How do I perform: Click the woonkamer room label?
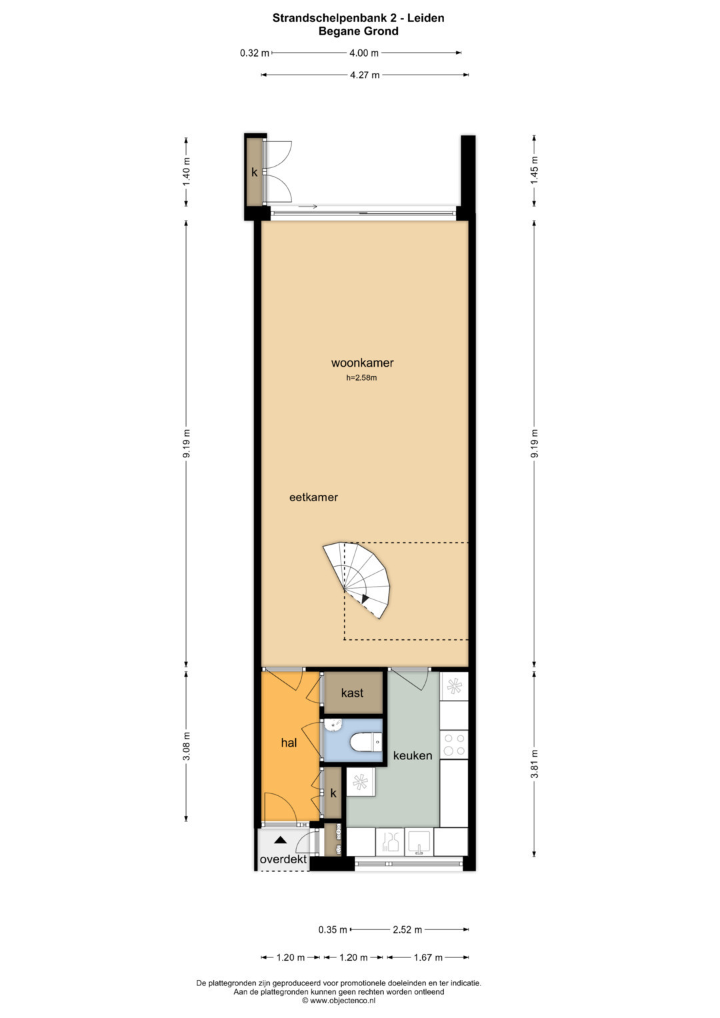362,363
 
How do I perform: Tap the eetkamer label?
313,497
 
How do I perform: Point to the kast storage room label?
352,693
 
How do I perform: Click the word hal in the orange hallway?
289,743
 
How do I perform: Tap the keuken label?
413,755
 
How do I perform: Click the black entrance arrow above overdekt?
281,840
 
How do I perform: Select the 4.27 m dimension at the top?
365,75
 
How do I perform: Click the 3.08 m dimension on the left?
186,746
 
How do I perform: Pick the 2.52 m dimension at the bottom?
408,929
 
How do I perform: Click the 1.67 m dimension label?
428,957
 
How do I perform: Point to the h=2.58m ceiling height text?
362,377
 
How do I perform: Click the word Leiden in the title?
426,18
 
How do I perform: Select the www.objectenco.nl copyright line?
339,1000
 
